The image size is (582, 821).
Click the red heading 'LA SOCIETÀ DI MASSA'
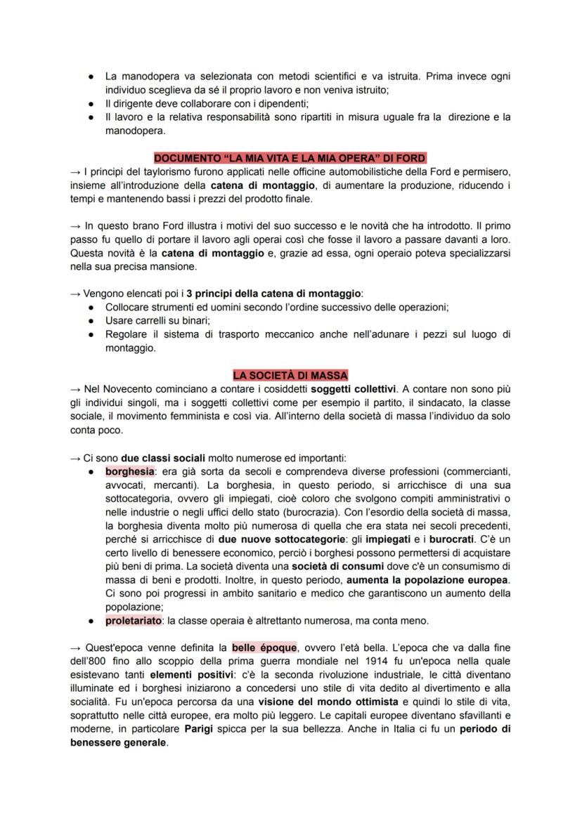click(290, 376)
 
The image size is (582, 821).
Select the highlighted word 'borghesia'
click(129, 471)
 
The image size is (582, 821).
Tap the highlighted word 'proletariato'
click(134, 620)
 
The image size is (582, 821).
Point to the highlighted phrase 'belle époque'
click(264, 648)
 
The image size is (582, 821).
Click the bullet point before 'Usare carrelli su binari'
click(91, 320)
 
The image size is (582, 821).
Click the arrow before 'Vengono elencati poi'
click(76, 294)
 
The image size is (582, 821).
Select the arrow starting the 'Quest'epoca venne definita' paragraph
click(76, 648)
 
